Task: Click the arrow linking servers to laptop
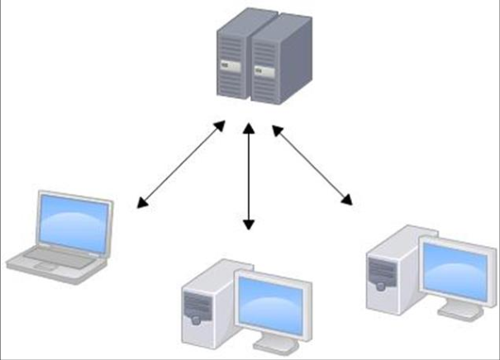click(181, 164)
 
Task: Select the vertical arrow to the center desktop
click(248, 178)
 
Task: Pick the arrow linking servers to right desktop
click(313, 164)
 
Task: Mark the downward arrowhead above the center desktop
click(248, 225)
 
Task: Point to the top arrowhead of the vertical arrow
click(248, 130)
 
